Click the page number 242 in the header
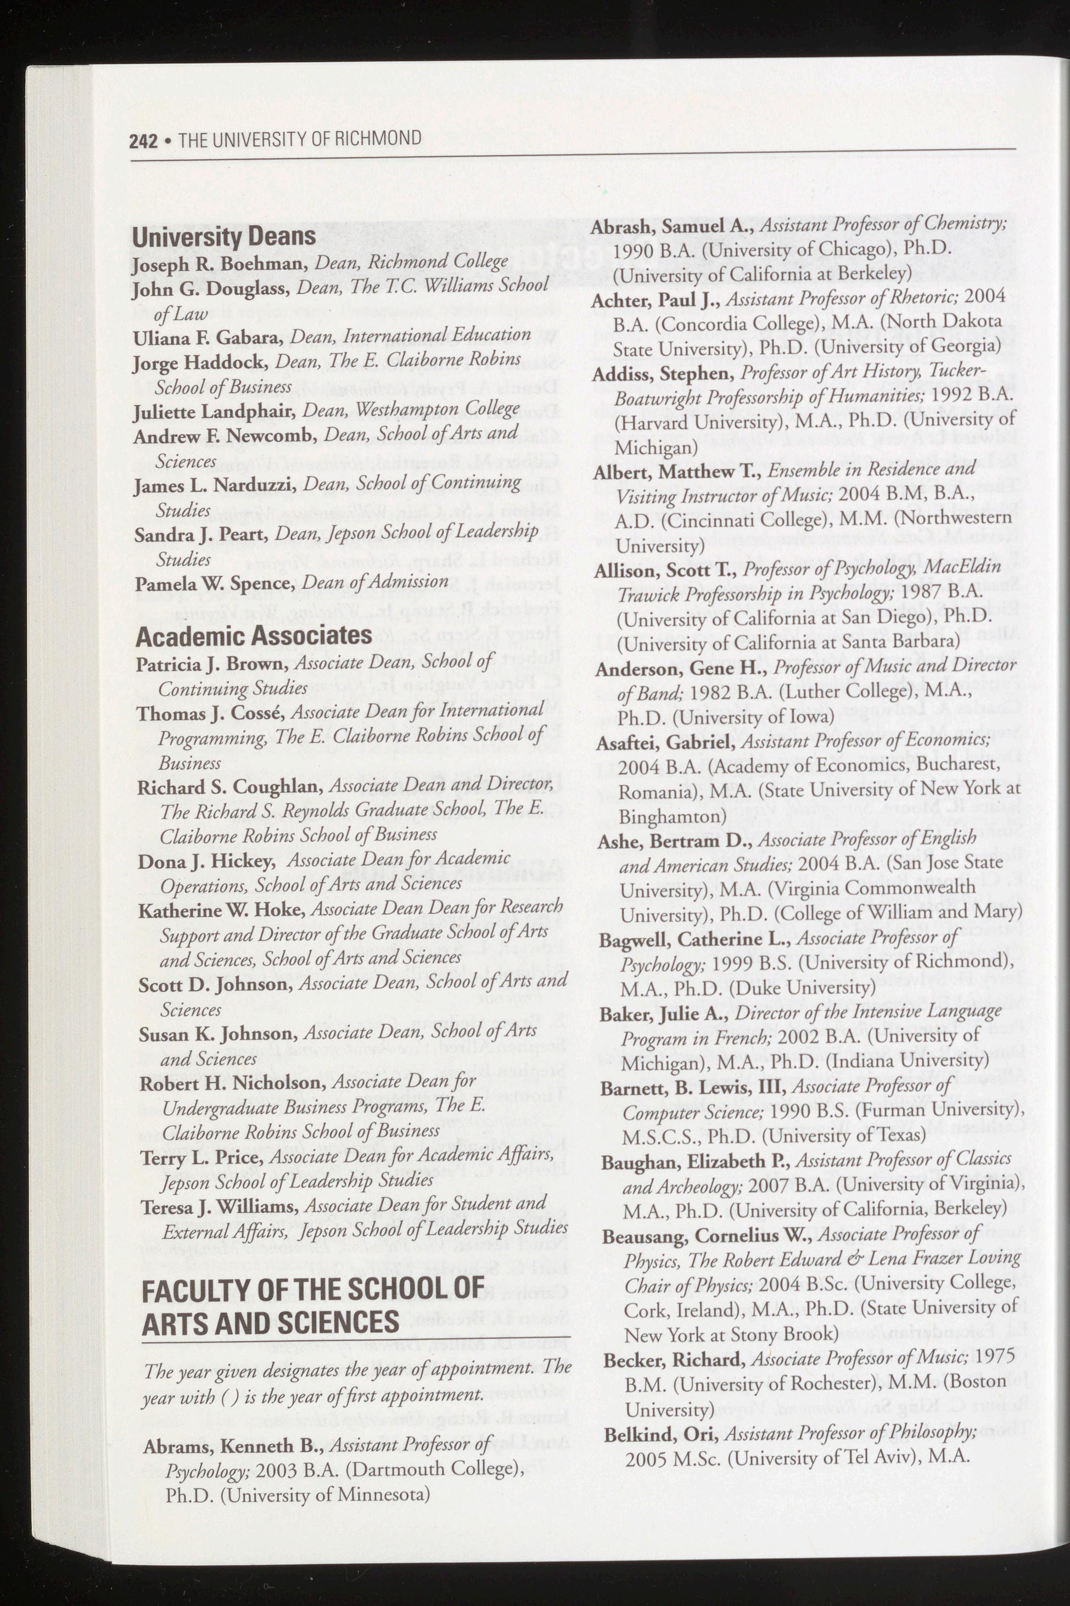point(143,141)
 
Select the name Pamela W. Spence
point(215,585)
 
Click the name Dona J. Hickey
point(206,862)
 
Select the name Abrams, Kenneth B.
point(236,1445)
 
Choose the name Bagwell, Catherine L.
point(694,941)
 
